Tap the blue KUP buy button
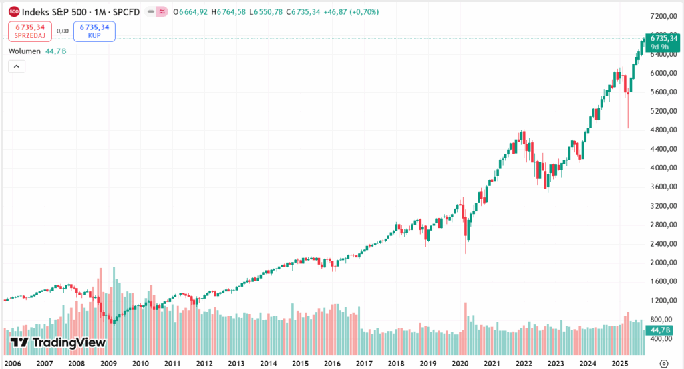click(x=94, y=31)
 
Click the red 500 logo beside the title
click(x=13, y=12)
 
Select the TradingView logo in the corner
click(x=58, y=342)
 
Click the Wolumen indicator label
click(x=25, y=51)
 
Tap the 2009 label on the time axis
click(x=108, y=363)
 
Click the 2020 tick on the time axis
click(x=460, y=363)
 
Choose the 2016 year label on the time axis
click(x=332, y=363)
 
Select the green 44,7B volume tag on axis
click(x=664, y=330)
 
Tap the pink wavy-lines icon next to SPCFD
click(x=161, y=12)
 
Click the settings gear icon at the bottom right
click(x=663, y=363)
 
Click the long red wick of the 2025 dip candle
click(x=628, y=114)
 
